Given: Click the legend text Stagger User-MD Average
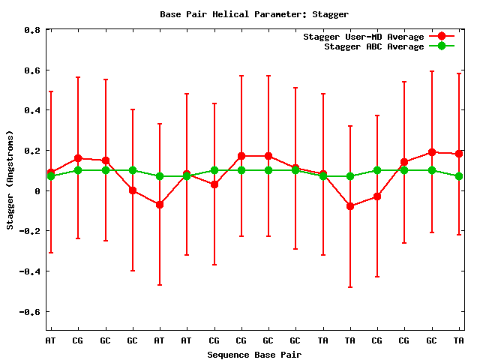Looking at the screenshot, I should [x=364, y=37].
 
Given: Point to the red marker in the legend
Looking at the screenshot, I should [x=442, y=37].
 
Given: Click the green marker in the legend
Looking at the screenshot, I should [x=442, y=46].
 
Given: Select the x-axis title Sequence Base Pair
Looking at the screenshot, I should [x=254, y=354].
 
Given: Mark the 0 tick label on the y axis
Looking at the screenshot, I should [x=37, y=190].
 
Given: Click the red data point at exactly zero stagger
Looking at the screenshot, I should [x=133, y=190].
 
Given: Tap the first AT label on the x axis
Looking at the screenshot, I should [x=51, y=341].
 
